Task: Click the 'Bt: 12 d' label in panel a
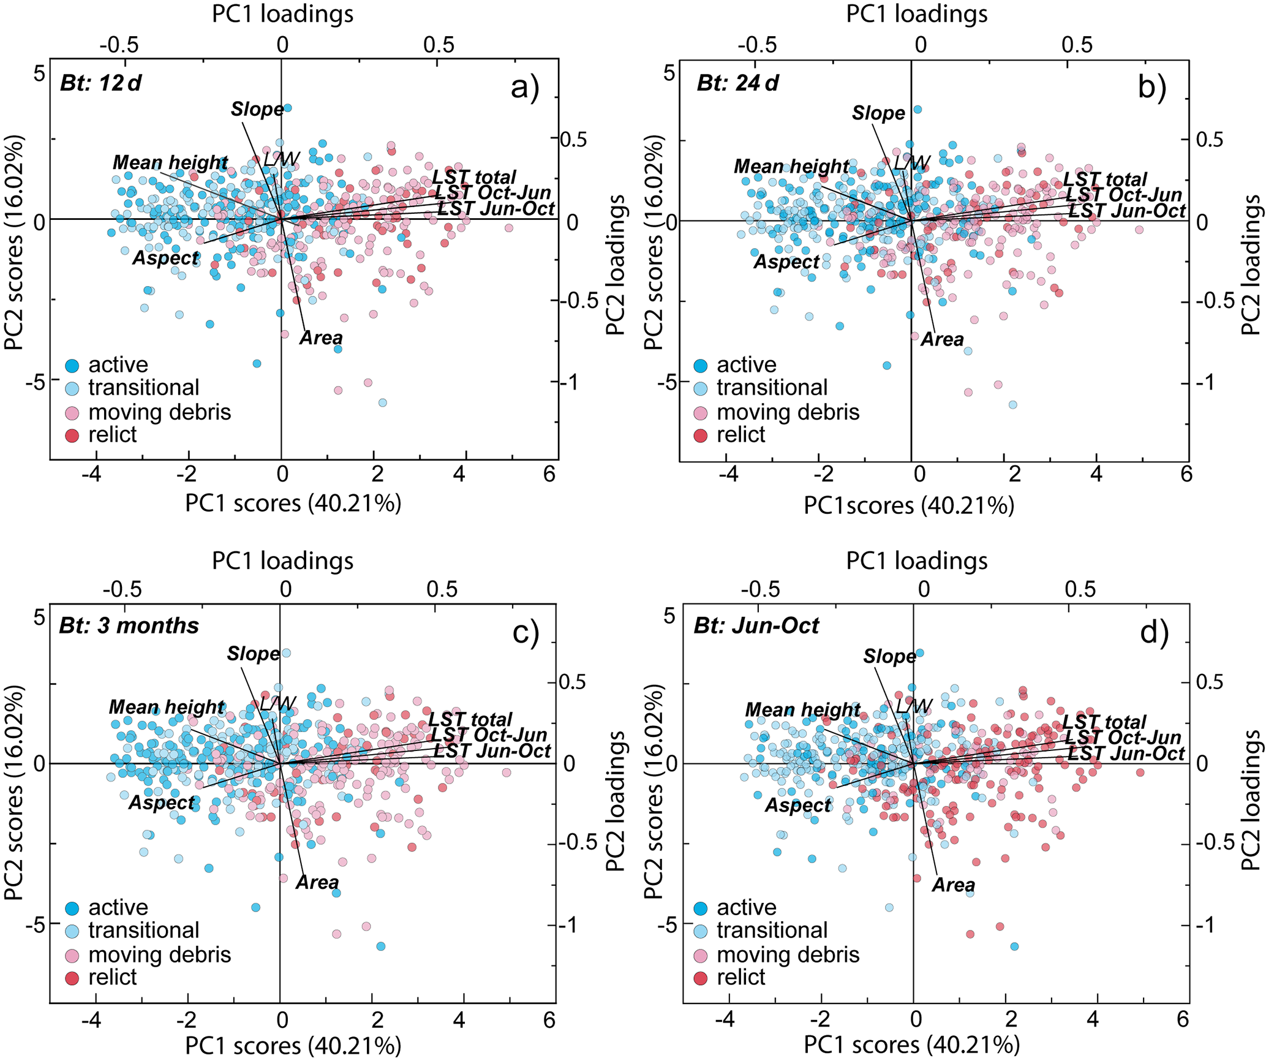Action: coord(100,83)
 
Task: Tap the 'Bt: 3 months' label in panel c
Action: coord(129,625)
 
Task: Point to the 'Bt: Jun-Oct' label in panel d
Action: coord(756,625)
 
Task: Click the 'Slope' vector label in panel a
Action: coord(257,110)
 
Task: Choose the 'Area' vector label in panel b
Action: coord(942,339)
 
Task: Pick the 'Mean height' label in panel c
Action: coord(167,707)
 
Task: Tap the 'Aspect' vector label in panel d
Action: coord(797,805)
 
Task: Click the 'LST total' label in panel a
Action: coord(474,178)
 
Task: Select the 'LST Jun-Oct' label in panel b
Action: coord(1127,211)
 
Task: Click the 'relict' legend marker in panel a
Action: coord(72,436)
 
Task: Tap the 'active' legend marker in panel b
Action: coord(701,366)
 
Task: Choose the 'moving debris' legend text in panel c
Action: coord(159,955)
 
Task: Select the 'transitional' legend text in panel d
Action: coord(772,931)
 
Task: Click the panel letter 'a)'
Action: coord(525,88)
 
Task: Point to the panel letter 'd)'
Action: coord(1154,632)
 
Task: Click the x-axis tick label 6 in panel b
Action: coord(1186,474)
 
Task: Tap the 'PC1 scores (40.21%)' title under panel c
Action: coord(293,1046)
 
